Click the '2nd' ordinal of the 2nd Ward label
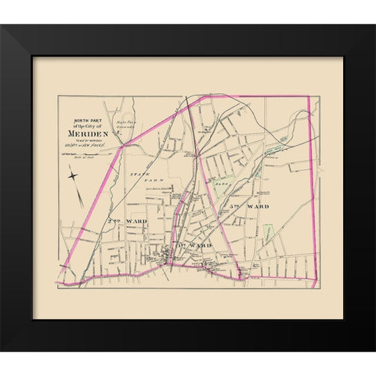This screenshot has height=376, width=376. (112, 222)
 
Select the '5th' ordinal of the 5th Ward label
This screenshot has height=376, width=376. (236, 206)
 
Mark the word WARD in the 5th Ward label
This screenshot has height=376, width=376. (258, 206)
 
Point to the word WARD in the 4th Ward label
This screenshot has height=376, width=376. (201, 245)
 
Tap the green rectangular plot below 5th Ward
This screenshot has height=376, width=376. (268, 233)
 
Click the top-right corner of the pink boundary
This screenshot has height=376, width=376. (310, 97)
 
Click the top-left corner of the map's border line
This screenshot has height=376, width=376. (58, 96)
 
